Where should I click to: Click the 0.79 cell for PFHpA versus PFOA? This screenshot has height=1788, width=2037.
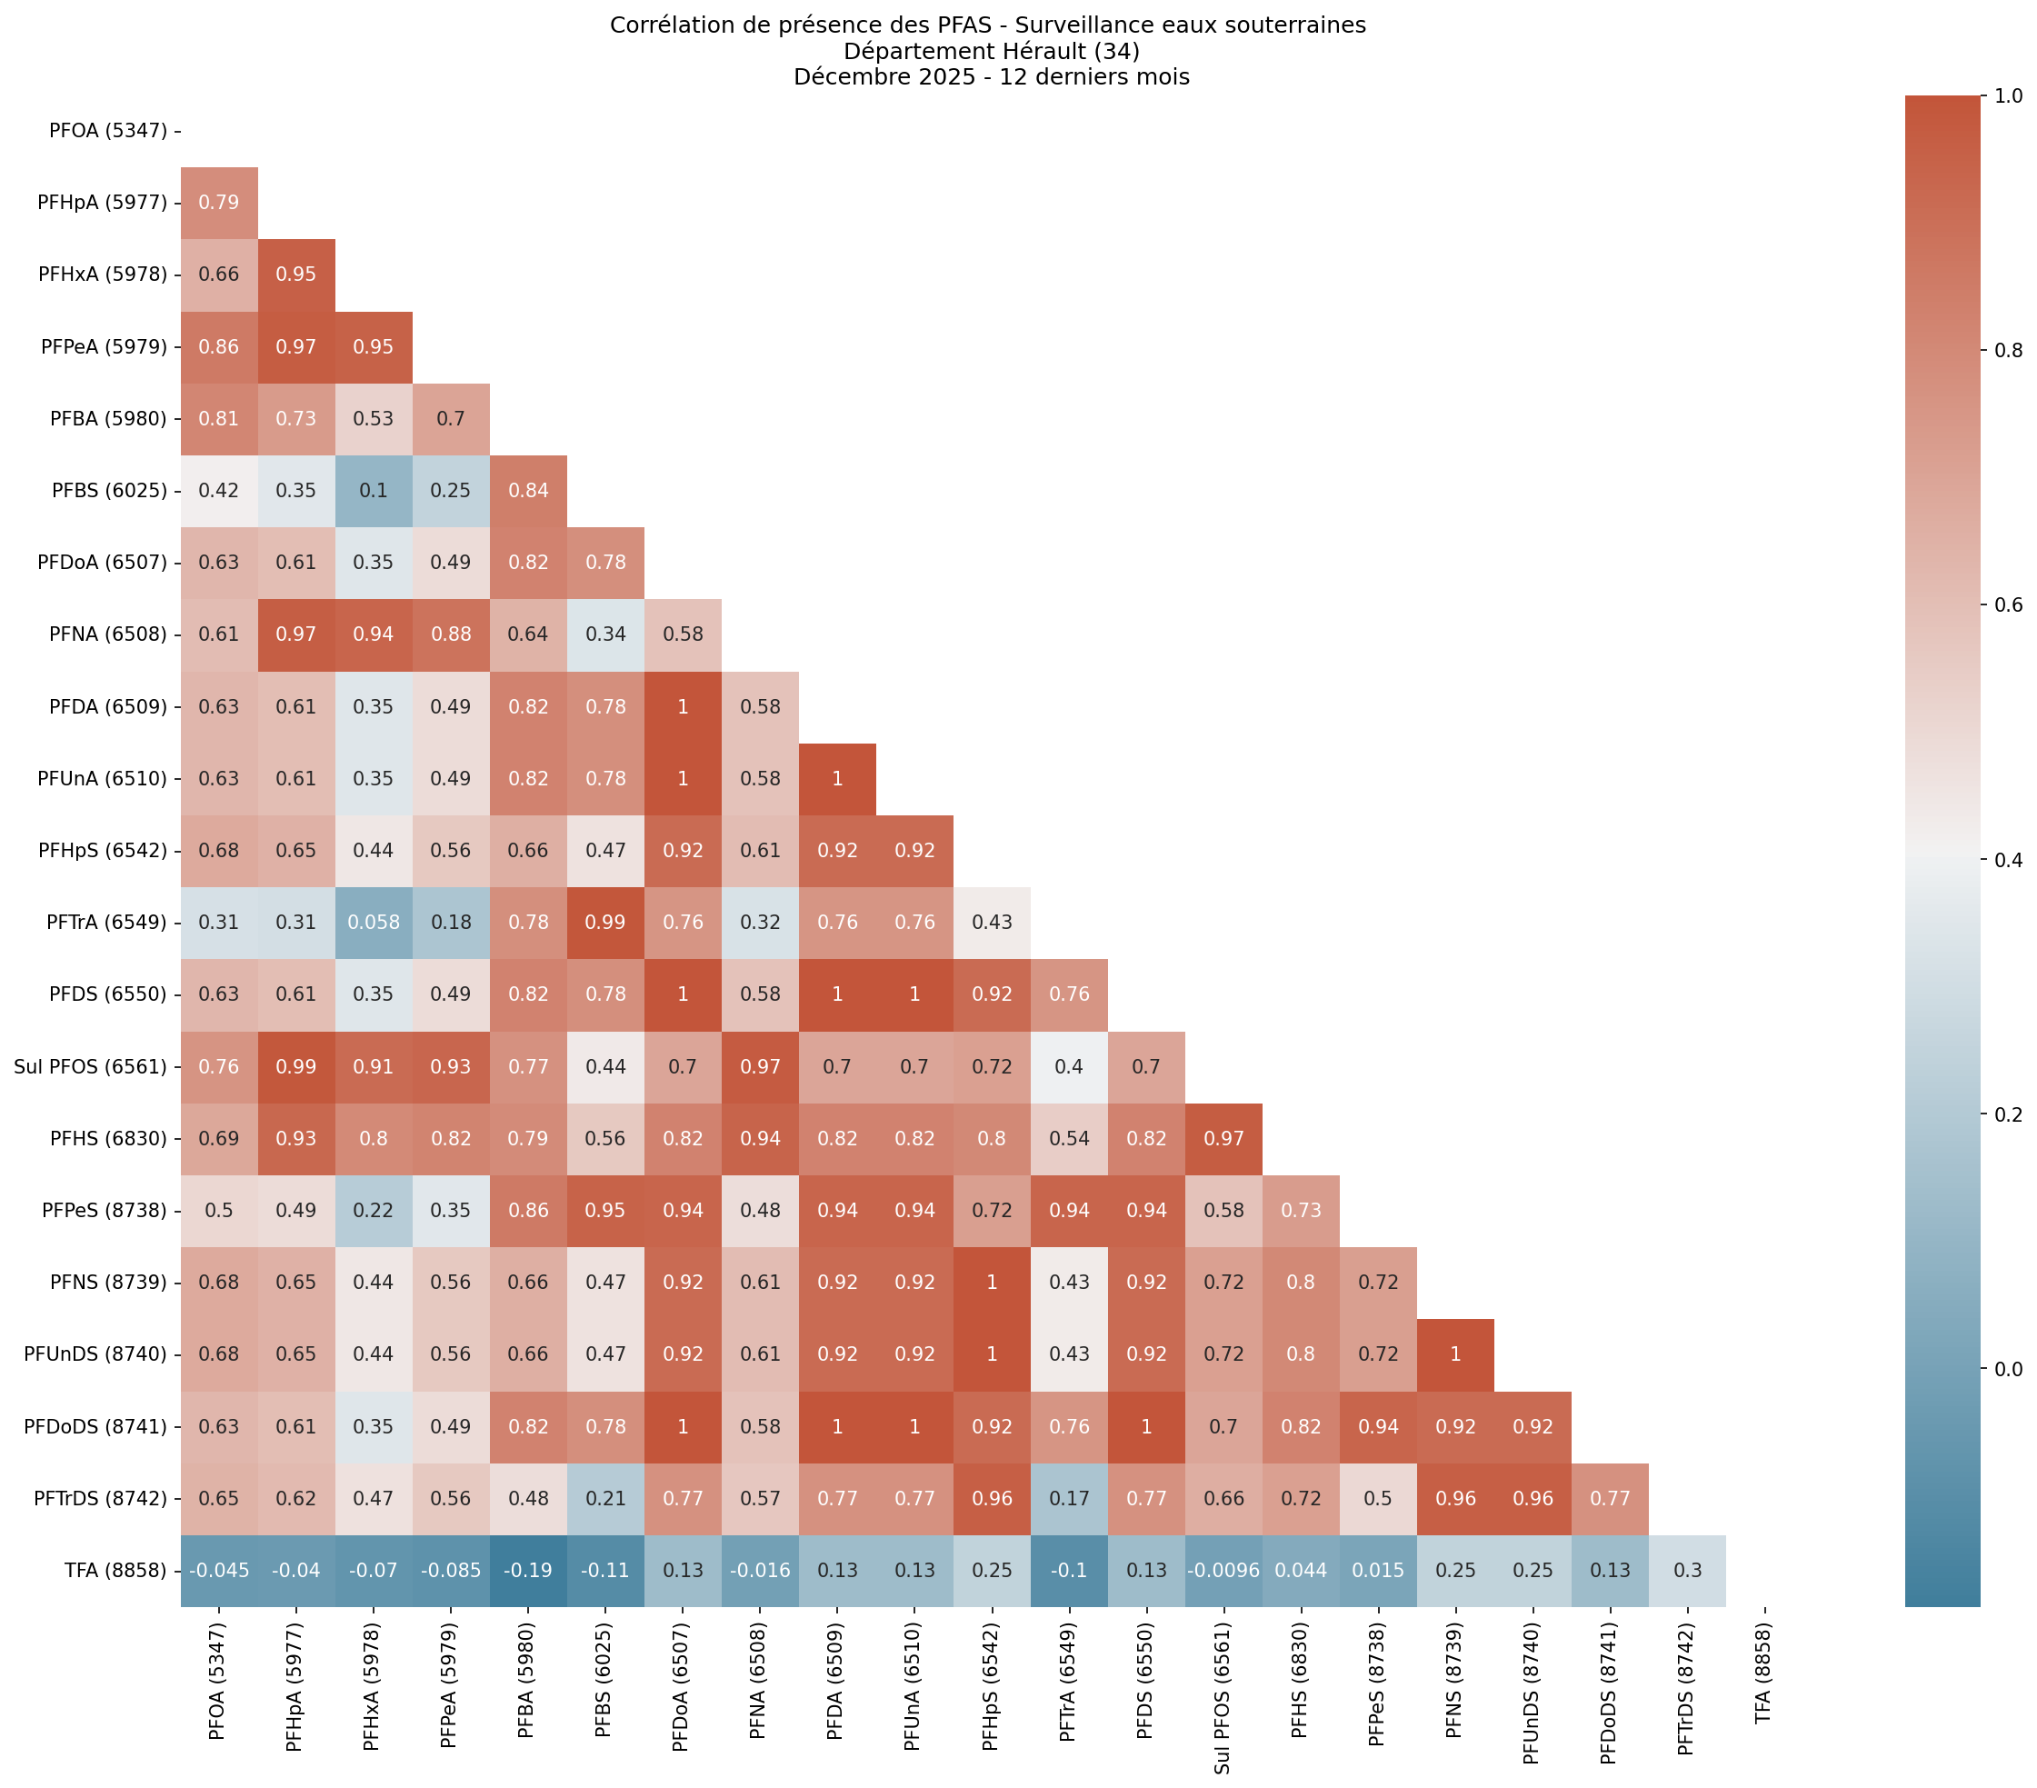point(218,203)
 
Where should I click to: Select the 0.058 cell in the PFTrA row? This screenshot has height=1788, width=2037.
point(373,923)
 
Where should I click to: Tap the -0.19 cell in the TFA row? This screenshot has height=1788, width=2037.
point(528,1571)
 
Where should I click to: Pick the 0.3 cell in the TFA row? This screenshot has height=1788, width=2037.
point(1686,1571)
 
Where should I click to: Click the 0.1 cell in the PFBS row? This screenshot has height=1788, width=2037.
point(373,490)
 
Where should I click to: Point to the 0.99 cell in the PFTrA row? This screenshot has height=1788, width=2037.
point(605,923)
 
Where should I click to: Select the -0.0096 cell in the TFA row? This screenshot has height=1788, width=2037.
point(1223,1571)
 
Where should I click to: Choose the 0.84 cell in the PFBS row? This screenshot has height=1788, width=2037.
point(528,490)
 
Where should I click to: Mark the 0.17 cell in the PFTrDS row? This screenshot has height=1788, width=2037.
point(1068,1498)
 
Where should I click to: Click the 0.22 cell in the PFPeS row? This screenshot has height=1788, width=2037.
point(373,1211)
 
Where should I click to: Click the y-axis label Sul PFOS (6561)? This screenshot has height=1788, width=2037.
point(90,1067)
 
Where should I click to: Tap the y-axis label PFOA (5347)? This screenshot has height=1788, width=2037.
point(107,131)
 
